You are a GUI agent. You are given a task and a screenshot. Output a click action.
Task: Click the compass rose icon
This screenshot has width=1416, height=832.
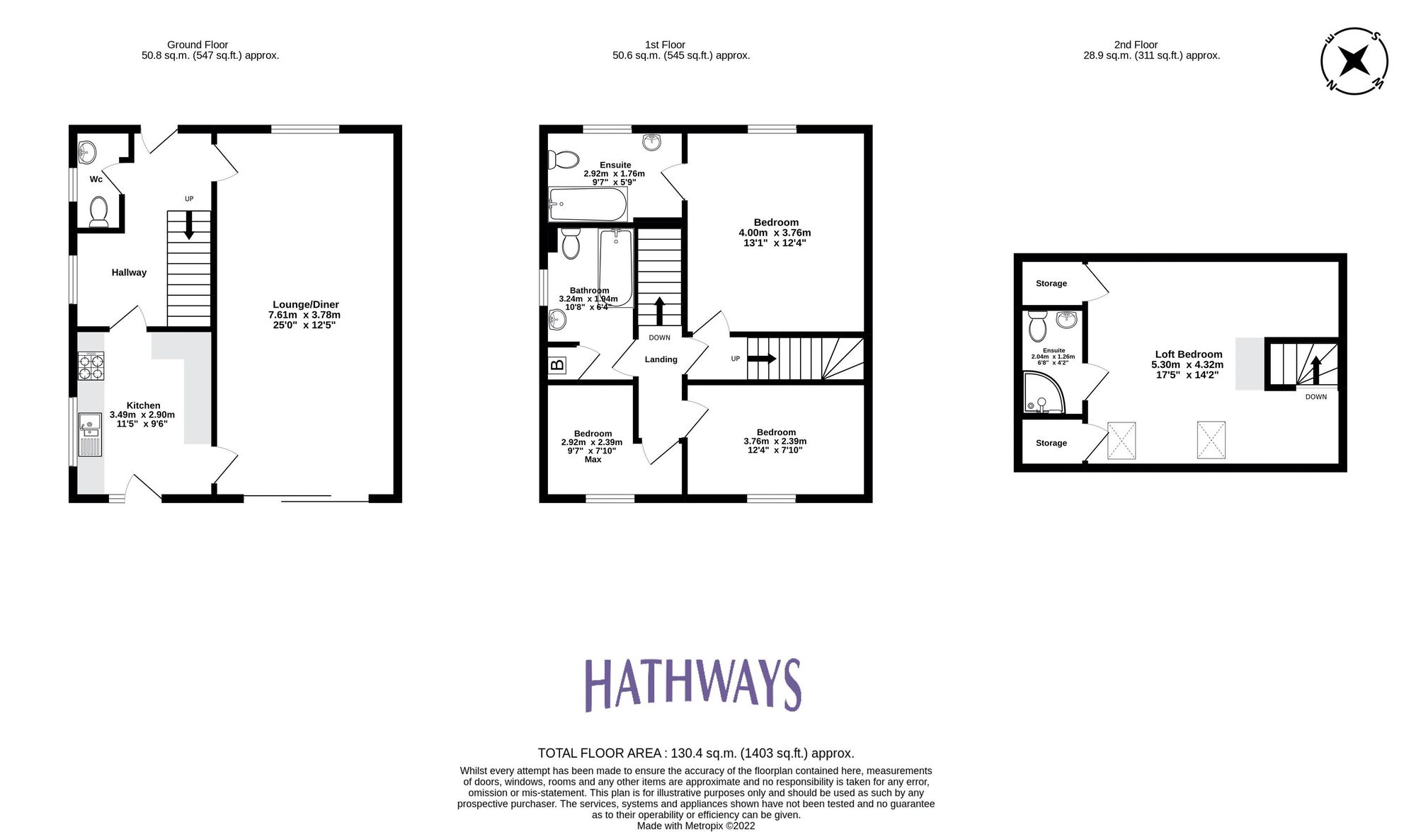click(x=1354, y=61)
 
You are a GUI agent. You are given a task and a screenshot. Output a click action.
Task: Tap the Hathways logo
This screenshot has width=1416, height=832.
click(x=692, y=684)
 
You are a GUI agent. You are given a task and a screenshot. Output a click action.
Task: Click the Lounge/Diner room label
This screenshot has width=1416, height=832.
click(x=305, y=305)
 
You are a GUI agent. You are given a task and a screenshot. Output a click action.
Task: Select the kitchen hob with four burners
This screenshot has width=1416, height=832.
click(x=91, y=366)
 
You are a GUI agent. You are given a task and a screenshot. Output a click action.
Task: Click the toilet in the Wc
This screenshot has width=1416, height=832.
click(x=98, y=211)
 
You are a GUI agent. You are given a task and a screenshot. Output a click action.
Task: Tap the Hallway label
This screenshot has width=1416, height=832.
click(x=129, y=272)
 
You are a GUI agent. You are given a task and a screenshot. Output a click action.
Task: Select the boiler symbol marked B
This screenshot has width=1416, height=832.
click(x=558, y=365)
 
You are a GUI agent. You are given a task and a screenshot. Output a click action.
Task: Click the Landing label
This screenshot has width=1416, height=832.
click(x=661, y=359)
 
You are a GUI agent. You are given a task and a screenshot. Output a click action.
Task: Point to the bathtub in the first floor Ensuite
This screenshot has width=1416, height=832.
click(x=588, y=205)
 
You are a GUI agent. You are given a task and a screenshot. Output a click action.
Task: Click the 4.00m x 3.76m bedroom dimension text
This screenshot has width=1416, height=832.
click(x=775, y=233)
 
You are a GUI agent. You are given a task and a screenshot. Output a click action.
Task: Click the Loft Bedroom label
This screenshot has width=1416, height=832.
click(x=1188, y=354)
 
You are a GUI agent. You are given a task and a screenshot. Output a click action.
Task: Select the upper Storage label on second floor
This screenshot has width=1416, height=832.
click(x=1051, y=284)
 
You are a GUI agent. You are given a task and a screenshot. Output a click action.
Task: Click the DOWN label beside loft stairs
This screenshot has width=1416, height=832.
click(x=1315, y=397)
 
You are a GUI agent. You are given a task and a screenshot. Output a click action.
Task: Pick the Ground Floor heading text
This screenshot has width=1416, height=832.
click(x=198, y=45)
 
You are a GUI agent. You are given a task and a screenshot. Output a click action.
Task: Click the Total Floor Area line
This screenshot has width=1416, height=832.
click(x=695, y=753)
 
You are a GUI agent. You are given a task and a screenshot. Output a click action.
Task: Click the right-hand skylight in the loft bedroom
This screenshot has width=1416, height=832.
click(x=1211, y=439)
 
